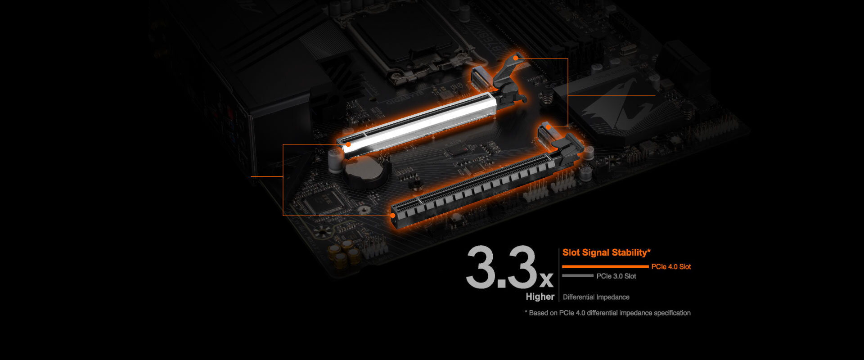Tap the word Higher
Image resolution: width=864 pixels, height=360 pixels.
(540, 297)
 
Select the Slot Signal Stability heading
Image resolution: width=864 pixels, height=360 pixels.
(606, 252)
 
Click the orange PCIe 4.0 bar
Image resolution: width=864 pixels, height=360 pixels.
(605, 267)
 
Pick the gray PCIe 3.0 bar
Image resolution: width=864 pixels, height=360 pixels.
(577, 276)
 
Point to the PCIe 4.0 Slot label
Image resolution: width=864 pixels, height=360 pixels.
(671, 267)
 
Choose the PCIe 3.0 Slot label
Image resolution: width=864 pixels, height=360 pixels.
(616, 276)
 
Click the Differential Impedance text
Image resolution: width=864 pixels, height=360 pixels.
(596, 297)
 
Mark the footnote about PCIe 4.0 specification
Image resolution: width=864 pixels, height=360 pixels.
(607, 313)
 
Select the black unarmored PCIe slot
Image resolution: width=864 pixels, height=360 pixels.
(472, 184)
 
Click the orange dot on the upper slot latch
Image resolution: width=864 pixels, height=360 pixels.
(515, 58)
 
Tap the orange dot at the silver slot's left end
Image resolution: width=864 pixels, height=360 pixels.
(348, 144)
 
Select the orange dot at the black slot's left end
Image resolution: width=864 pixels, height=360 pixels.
(393, 216)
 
